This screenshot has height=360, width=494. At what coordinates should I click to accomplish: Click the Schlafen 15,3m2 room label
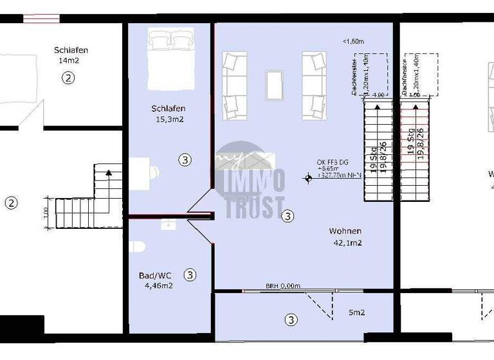click(169, 114)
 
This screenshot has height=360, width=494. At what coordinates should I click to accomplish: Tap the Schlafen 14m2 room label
click(71, 55)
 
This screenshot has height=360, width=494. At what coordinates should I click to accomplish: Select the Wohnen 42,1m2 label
click(345, 237)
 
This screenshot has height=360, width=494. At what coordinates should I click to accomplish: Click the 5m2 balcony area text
click(357, 313)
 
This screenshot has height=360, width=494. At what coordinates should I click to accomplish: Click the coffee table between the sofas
click(275, 84)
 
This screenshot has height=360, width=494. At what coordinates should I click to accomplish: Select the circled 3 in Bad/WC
click(190, 275)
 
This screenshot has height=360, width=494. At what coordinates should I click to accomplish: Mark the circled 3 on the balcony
click(291, 319)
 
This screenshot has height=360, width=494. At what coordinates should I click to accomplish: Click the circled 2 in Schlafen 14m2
click(68, 78)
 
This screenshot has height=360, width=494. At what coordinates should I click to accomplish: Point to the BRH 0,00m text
click(283, 286)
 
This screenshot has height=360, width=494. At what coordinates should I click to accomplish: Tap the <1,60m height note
click(353, 41)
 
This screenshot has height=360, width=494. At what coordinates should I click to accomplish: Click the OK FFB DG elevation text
click(333, 162)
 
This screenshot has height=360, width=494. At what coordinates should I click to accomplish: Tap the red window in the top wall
click(41, 18)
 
